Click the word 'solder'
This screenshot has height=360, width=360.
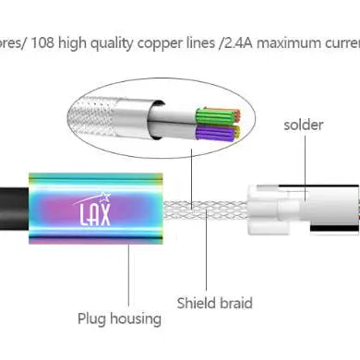point(304,124)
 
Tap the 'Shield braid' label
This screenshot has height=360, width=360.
point(215,301)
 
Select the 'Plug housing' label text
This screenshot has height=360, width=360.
point(119,319)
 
